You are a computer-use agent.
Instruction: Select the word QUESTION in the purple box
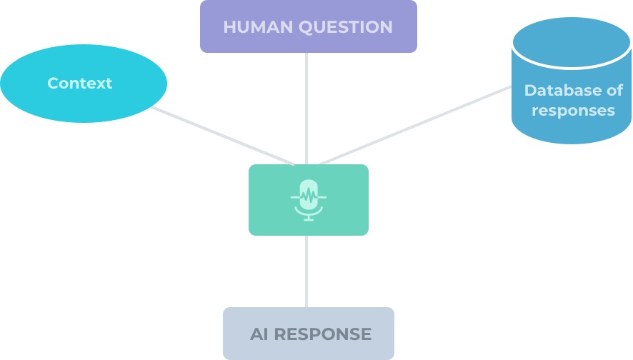point(346,27)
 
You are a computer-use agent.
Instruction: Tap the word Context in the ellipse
point(79,83)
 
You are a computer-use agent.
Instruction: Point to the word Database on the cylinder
point(562,91)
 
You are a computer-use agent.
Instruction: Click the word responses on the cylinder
point(573,111)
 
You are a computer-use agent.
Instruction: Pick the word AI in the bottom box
point(259,334)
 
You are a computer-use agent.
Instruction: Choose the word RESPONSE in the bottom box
point(322,334)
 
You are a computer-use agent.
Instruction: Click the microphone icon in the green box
point(309,200)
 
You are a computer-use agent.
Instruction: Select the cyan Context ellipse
point(84,84)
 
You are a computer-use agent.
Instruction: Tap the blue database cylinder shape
point(572,81)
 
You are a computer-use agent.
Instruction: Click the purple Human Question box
point(309,26)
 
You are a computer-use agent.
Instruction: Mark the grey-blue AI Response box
point(309,334)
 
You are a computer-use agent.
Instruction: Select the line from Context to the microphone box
point(223,136)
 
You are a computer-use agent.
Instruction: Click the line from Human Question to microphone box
point(306,109)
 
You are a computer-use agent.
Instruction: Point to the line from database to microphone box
point(415,125)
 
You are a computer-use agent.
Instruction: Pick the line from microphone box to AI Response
point(306,271)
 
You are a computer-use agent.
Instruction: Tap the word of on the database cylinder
point(615,91)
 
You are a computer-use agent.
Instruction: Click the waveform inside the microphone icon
point(309,197)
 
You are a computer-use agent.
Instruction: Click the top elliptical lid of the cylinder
point(572,41)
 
